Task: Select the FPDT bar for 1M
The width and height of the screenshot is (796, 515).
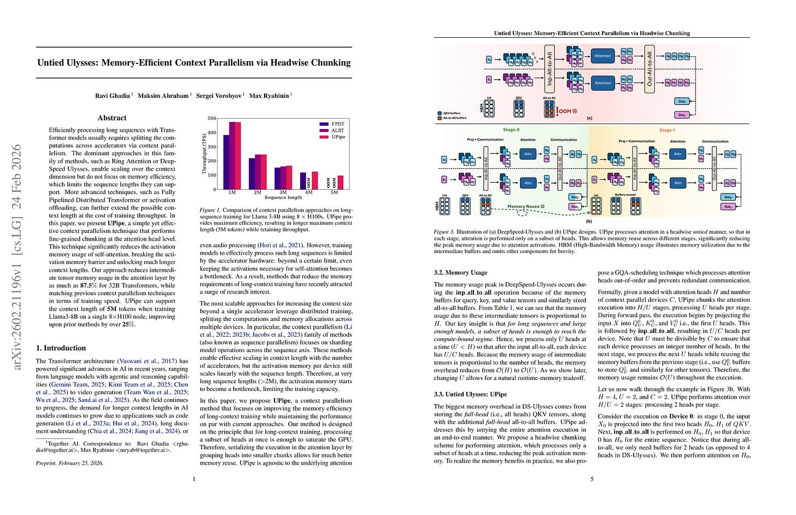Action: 226,162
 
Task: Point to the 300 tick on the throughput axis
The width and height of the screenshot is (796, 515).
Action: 212,147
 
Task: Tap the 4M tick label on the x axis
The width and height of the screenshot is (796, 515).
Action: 309,192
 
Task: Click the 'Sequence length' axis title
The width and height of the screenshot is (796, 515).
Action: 283,197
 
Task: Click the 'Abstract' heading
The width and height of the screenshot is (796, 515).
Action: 112,118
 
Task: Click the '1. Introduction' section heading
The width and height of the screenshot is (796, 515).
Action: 61,348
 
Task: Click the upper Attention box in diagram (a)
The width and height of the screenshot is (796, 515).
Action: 602,56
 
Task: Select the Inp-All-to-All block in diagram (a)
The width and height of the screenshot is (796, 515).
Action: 550,69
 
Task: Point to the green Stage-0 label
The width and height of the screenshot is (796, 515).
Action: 511,130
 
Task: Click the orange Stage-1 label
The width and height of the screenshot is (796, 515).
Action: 667,130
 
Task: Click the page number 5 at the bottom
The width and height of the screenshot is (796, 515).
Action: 592,479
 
